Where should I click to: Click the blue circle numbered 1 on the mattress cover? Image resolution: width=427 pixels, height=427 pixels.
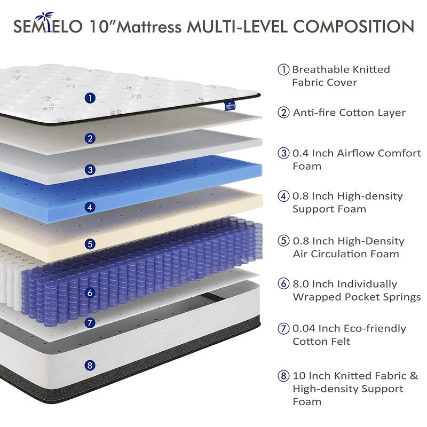point(91,98)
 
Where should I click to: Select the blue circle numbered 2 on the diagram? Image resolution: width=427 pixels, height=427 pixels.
point(91,138)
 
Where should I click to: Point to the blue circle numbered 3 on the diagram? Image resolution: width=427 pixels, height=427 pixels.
point(91,170)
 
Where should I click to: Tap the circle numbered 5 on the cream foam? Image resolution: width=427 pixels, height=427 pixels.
point(91,244)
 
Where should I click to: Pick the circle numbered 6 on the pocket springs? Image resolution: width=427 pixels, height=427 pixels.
point(90,292)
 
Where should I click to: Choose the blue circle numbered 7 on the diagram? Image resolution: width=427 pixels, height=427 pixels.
point(91,322)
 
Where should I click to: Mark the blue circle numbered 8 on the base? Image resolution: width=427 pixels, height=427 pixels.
point(91,366)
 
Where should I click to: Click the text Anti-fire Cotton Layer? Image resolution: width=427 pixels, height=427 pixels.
point(349,113)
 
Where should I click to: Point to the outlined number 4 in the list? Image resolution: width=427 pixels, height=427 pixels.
point(283,196)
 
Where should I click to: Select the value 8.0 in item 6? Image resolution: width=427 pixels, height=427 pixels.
point(302,284)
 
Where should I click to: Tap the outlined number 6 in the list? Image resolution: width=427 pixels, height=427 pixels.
point(283,284)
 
